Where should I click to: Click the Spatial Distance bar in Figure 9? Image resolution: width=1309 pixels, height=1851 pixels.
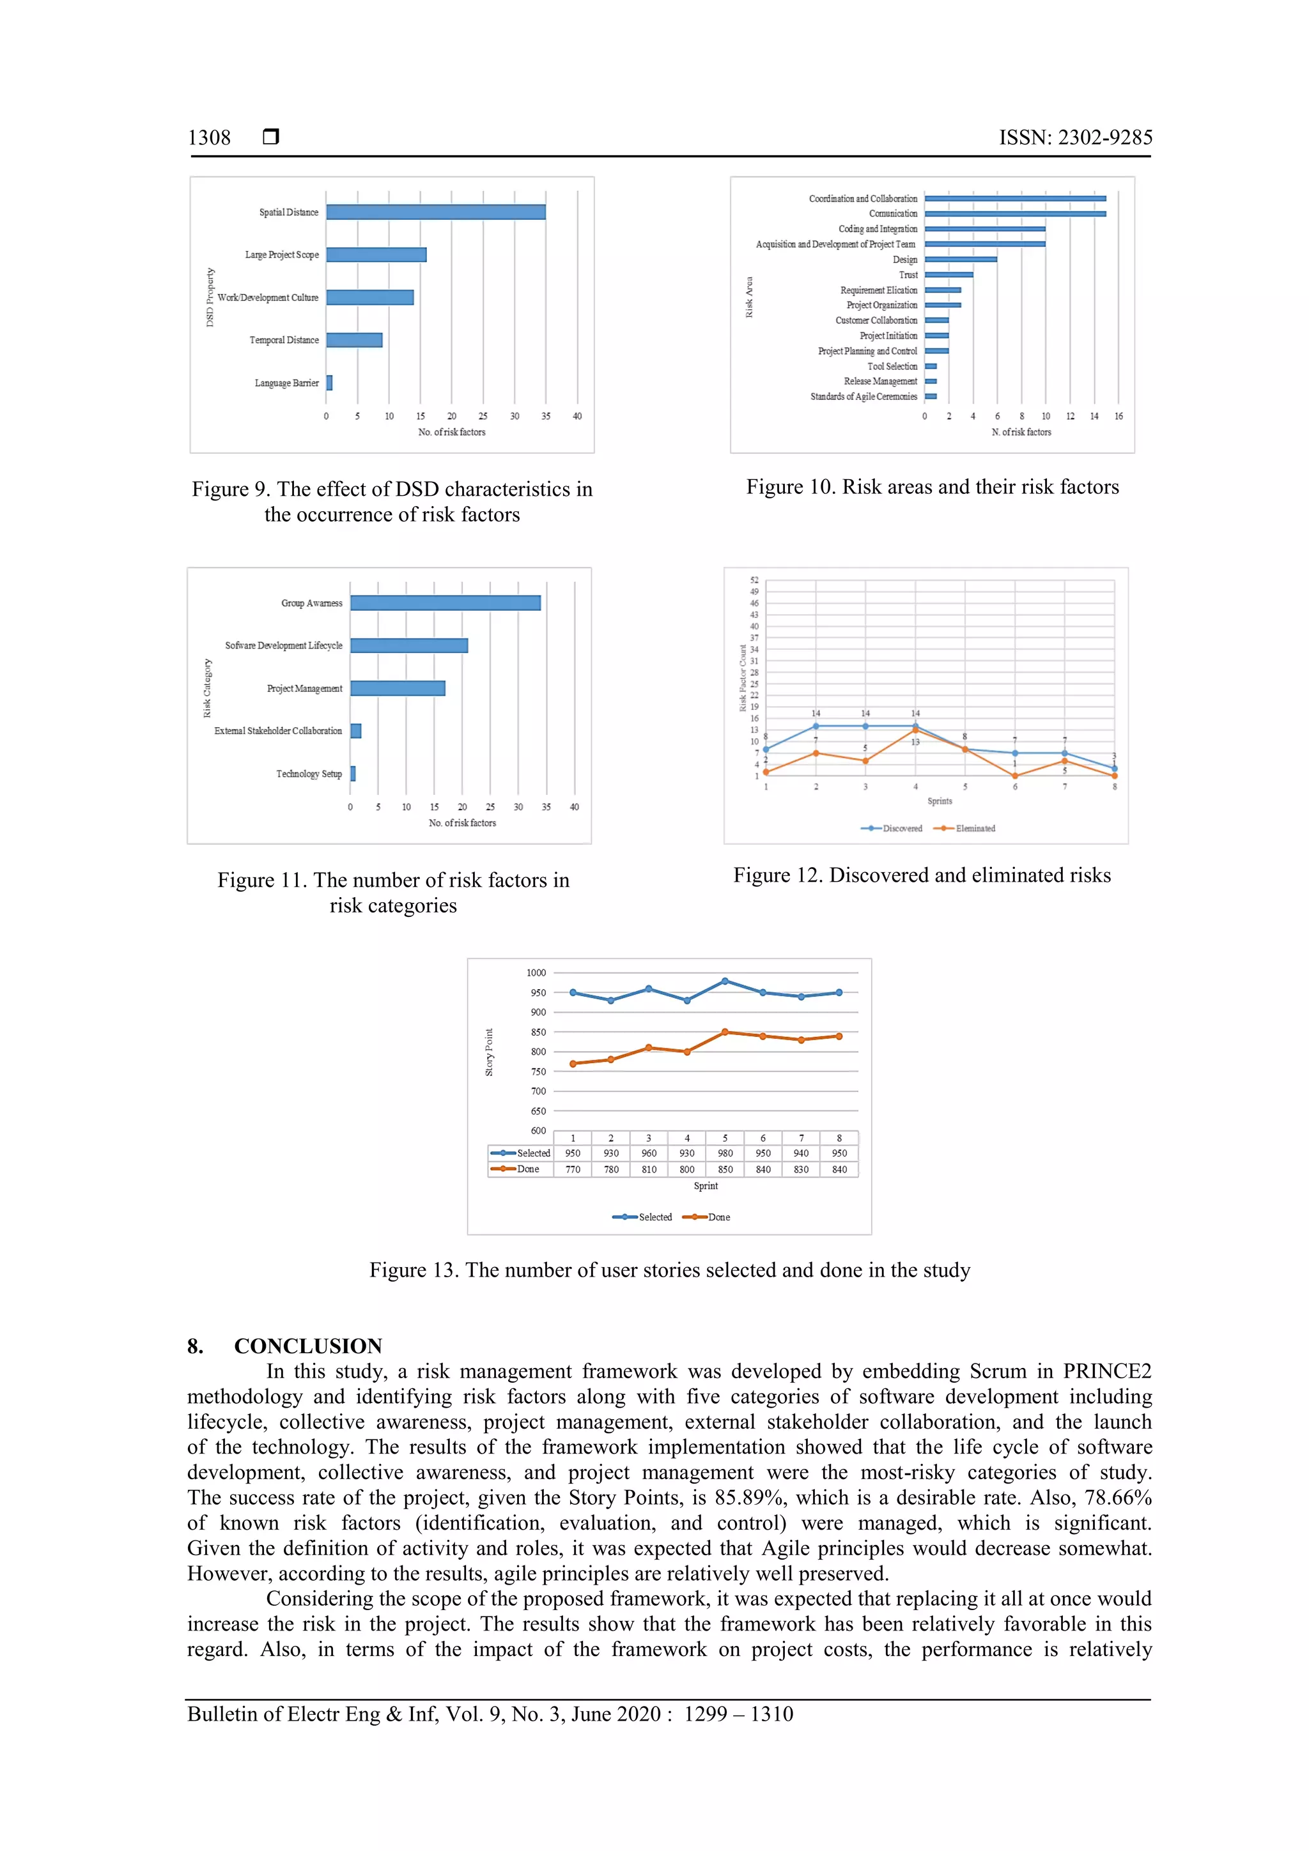435,212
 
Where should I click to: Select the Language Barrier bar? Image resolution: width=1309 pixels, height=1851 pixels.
329,383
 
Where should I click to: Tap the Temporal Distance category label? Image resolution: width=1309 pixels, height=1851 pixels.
284,340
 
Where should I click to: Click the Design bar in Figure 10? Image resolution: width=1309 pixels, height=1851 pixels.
960,259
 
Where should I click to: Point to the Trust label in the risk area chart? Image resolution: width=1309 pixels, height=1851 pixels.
908,275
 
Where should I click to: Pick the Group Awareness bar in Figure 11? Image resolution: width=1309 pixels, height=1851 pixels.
445,603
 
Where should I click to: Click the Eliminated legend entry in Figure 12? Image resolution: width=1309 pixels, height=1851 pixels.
964,829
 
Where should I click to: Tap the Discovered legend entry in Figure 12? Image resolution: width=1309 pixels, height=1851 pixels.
892,829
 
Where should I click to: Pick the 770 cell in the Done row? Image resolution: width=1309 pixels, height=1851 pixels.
573,1170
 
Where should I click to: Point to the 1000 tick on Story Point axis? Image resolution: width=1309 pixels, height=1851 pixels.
536,973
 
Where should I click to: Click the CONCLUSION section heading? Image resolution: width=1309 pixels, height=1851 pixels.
307,1346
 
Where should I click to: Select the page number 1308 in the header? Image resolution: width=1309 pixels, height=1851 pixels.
209,138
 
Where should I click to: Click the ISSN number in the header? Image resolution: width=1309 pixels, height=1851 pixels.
1075,138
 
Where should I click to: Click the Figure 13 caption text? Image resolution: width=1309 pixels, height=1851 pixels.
669,1271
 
